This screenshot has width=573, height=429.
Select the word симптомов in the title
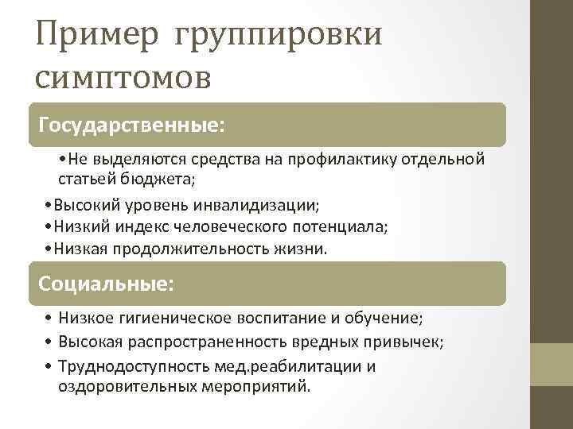[123, 79]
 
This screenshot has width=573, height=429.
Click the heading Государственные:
[132, 126]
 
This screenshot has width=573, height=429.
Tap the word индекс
[162, 227]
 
